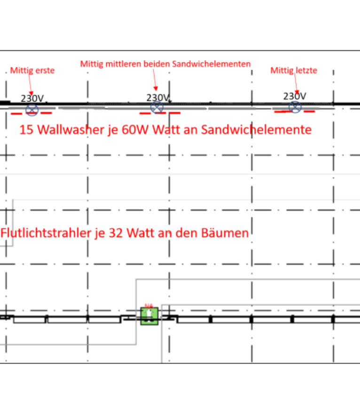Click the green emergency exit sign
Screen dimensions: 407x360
coord(149,315)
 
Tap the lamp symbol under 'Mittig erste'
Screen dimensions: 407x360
coord(31,110)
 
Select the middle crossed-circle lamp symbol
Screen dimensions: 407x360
coord(157,108)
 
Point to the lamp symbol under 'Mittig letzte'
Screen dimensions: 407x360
coord(295,107)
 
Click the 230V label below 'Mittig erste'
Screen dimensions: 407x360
coord(32,99)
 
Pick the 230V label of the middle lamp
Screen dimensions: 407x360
coord(157,98)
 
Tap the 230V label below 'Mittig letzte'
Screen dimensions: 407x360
coord(294,96)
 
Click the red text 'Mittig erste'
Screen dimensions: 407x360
coord(32,71)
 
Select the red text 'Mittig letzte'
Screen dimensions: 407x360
coord(294,71)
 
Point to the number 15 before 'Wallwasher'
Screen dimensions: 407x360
coord(26,130)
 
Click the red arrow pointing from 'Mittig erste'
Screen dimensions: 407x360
coord(31,85)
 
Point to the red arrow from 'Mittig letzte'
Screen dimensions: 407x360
coord(296,84)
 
